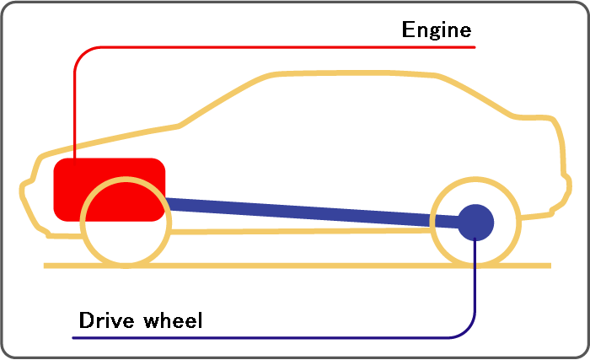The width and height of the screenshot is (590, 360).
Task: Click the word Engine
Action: click(436, 31)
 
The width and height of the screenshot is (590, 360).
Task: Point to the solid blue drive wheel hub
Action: click(476, 221)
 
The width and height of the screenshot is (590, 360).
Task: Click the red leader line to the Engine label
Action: click(253, 47)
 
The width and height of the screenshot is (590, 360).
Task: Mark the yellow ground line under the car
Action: click(295, 266)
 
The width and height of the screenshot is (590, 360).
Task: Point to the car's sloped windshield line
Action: click(219, 100)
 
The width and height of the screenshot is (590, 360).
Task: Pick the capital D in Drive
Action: click(84, 320)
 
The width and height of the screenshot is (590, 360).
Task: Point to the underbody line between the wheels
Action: click(295, 230)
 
